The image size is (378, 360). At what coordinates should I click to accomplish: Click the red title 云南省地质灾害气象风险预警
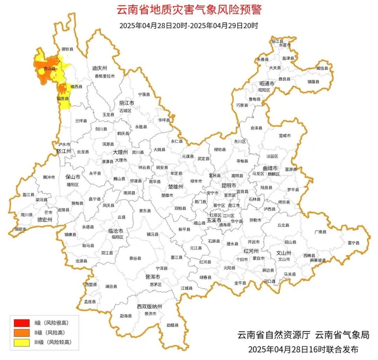(x=189, y=9)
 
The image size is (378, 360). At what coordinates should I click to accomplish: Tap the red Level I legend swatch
(x=22, y=323)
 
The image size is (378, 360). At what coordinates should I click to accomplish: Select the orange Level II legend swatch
(x=22, y=333)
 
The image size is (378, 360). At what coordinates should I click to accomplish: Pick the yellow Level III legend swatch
(x=22, y=342)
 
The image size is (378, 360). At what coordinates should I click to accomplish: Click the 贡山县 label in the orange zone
(x=49, y=69)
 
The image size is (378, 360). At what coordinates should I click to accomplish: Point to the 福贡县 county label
(x=63, y=99)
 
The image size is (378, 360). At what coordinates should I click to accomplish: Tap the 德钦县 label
(x=68, y=49)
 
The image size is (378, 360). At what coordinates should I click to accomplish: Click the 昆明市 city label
(x=229, y=185)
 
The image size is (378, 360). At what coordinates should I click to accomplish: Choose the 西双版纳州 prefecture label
(x=149, y=307)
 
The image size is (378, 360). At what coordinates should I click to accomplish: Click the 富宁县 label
(x=353, y=243)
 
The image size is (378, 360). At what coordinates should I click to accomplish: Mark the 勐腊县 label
(x=172, y=325)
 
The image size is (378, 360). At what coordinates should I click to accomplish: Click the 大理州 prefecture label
(x=120, y=152)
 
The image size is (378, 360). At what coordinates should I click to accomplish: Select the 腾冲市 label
(x=49, y=177)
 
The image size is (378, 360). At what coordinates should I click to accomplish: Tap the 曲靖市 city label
(x=270, y=168)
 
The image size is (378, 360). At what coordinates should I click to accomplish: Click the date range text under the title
(x=189, y=26)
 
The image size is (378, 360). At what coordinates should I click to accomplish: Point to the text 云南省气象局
(x=342, y=335)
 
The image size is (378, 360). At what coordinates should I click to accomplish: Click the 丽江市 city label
(x=127, y=103)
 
